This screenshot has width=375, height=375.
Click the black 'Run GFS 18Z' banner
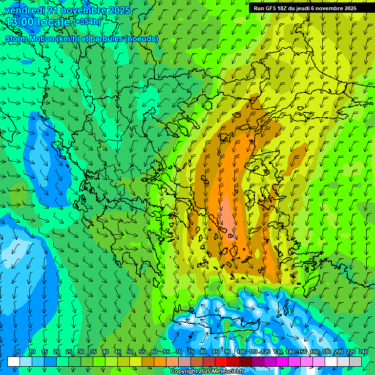(305, 8)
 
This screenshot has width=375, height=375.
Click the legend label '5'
(19, 352)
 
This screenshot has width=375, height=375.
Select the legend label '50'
(129, 352)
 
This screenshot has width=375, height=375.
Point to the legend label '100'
(241, 352)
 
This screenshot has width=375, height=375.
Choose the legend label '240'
(363, 352)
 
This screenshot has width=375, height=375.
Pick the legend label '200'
(338, 352)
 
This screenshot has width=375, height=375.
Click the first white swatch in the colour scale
(14, 361)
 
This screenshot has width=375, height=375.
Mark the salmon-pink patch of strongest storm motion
(227, 215)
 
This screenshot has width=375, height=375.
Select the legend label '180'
(326, 352)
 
